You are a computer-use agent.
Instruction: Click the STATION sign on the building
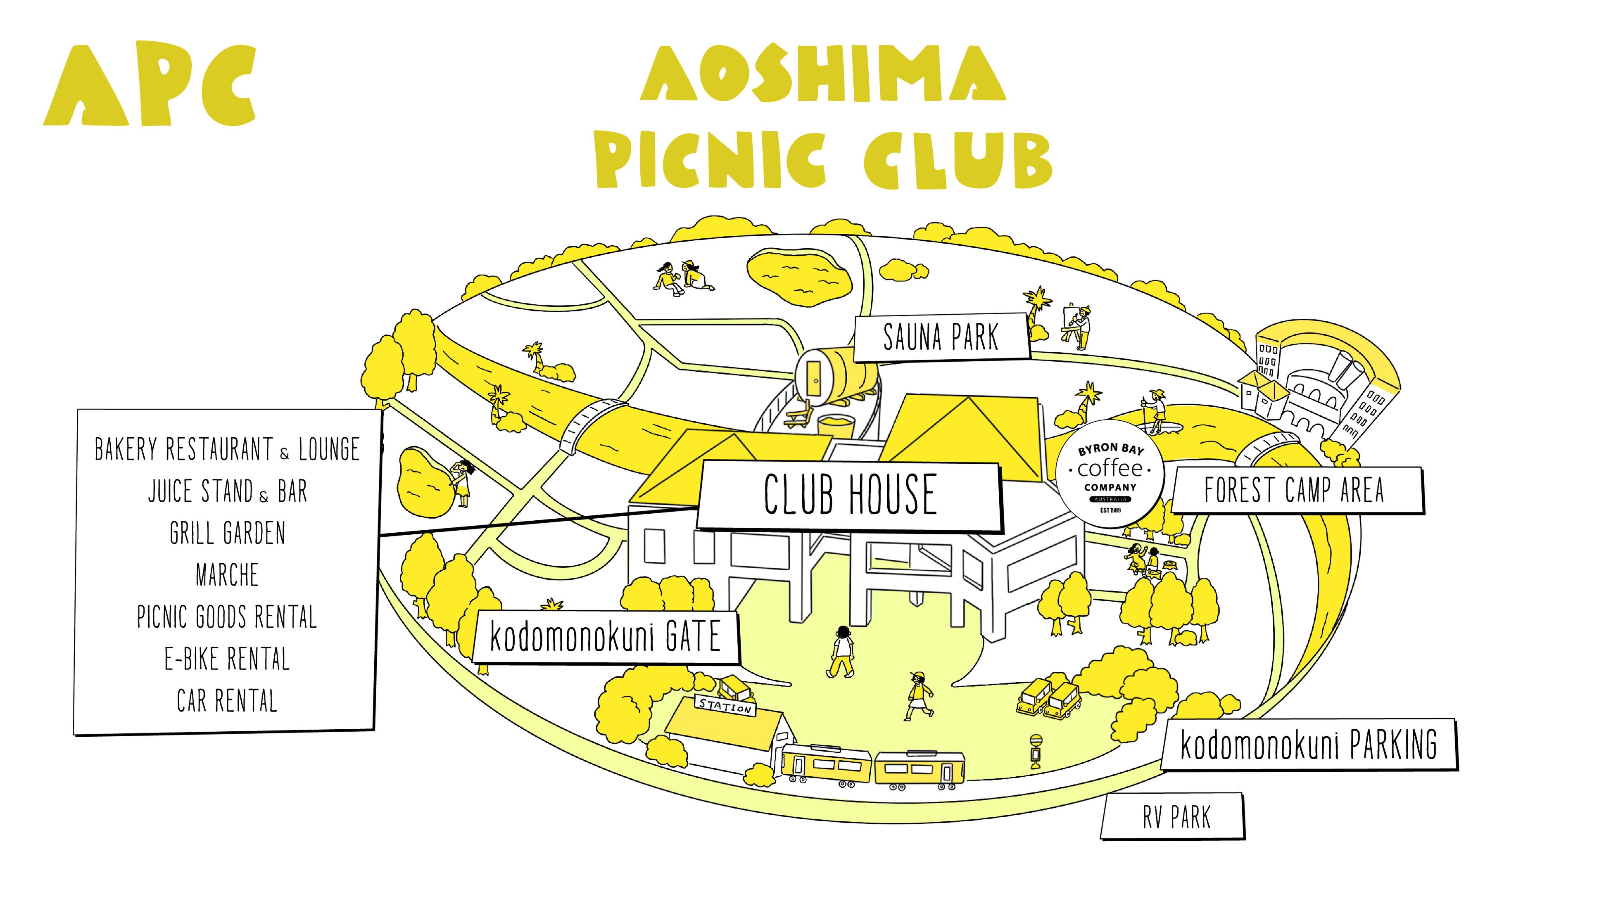point(725,707)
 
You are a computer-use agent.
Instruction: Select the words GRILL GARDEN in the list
point(227,534)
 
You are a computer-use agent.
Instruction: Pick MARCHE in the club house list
point(227,575)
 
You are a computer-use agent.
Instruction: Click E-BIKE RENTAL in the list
point(227,659)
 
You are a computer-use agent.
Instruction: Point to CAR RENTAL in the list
point(227,701)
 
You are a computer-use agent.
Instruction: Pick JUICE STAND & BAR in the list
point(227,491)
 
